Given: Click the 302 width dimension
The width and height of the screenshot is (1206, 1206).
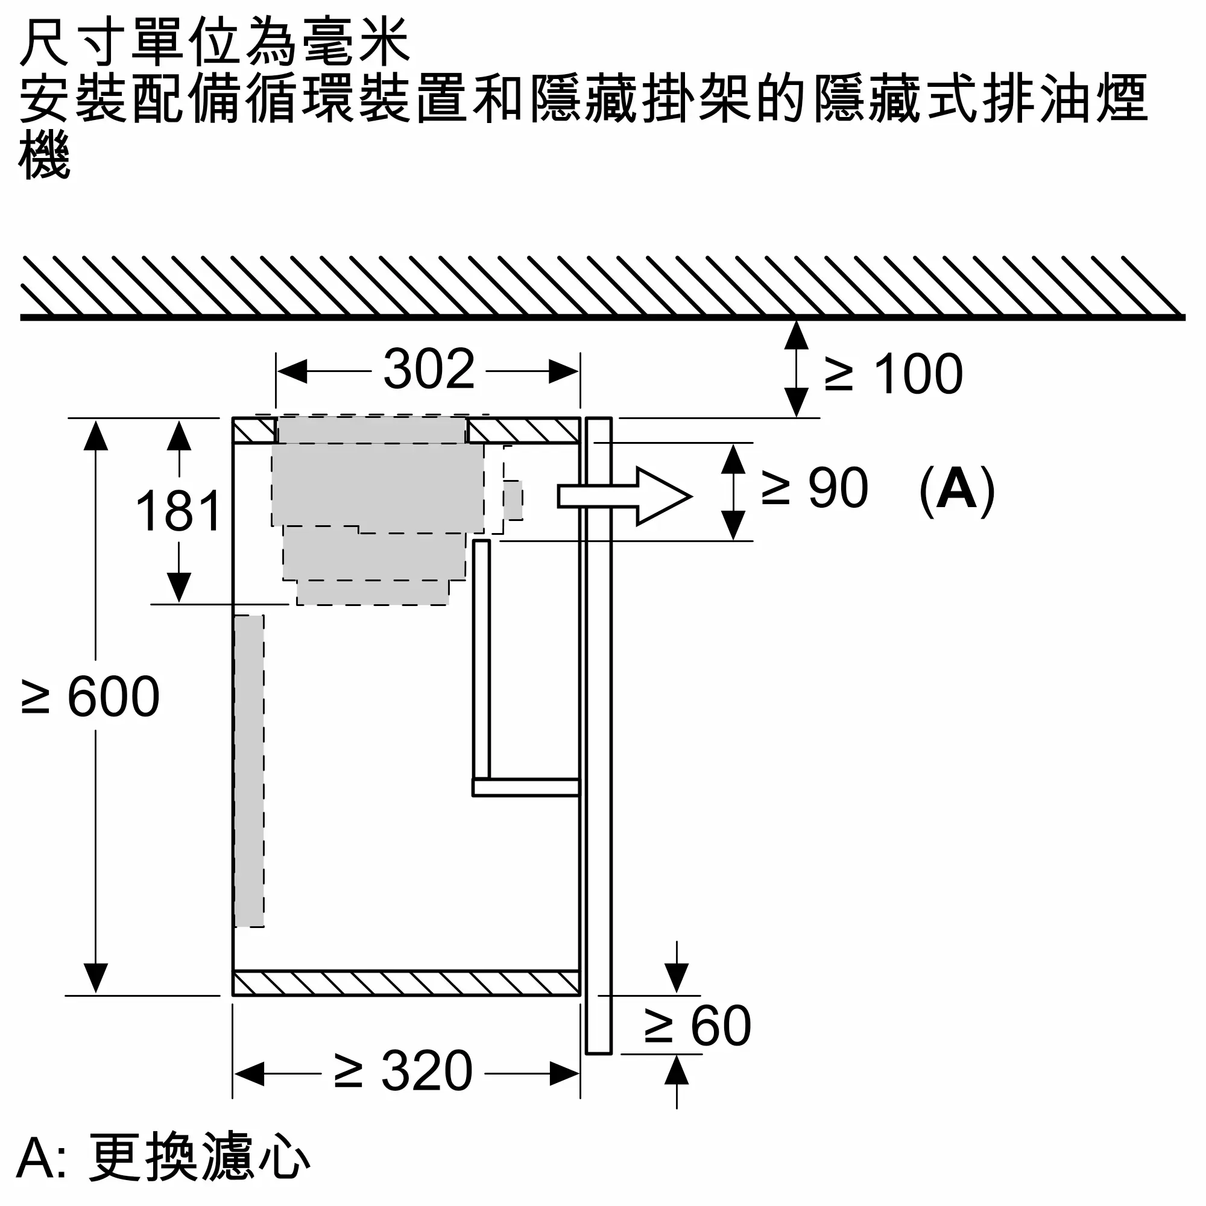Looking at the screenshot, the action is coord(429,369).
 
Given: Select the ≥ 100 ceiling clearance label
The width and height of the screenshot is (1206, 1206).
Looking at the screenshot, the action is coord(894,374).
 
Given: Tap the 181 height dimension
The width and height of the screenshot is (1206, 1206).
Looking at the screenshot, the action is coord(178,511).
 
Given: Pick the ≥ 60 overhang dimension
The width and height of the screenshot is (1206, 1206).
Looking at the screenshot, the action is coord(698,1026).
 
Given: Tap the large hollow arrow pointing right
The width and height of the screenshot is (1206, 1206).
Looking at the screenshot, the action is coord(624,496).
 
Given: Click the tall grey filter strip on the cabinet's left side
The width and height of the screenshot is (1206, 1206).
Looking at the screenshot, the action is coord(249,772).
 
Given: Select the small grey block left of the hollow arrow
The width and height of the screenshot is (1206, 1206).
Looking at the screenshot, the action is coord(513,500).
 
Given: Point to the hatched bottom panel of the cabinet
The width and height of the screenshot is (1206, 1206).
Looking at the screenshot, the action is coord(406,982).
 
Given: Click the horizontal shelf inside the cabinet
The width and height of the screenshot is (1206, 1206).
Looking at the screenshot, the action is coord(526,788).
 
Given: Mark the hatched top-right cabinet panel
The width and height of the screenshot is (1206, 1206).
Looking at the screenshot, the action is coord(524,431).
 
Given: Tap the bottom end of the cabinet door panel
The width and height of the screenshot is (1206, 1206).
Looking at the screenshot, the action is coord(599,1053).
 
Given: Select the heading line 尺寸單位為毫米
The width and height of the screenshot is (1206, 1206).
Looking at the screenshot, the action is coord(215,42).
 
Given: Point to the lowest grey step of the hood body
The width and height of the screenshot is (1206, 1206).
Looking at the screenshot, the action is coord(373,592).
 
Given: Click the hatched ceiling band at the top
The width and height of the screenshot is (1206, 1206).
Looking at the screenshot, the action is coord(602,288).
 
